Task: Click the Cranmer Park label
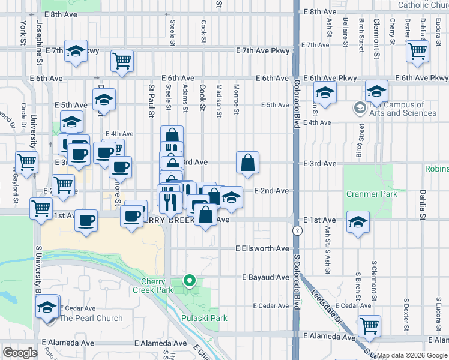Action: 369,194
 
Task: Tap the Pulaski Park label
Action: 204,318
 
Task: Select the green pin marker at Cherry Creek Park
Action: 190,280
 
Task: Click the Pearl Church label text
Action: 91,318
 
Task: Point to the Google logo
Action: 20,353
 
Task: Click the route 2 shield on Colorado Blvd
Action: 297,230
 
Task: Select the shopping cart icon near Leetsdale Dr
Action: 369,325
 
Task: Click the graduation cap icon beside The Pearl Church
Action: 47,307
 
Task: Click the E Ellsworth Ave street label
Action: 262,248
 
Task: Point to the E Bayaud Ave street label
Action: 266,277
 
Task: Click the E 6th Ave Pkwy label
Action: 330,78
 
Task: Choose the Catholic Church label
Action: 423,5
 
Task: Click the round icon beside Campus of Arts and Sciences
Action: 360,108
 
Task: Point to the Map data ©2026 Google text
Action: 412,355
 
